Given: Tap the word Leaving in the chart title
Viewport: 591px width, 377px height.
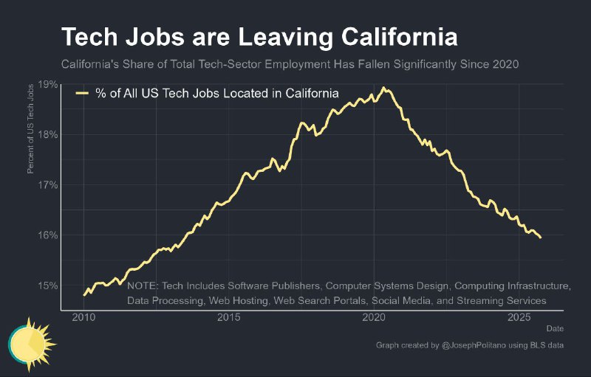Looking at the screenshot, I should point(262,36).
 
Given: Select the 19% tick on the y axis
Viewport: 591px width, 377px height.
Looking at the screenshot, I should point(48,84).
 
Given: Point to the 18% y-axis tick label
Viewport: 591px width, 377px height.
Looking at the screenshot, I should point(48,134).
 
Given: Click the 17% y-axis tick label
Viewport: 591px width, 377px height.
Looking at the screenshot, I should point(48,184).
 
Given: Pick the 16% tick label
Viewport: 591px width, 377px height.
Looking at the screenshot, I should point(48,235).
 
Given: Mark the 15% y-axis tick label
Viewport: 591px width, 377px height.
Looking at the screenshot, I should point(48,285).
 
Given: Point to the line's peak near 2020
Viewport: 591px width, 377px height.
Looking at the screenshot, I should point(383,88).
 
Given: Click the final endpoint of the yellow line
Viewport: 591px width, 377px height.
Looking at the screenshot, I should point(541,238).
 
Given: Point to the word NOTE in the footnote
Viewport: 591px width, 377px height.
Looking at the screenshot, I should point(143,286).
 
